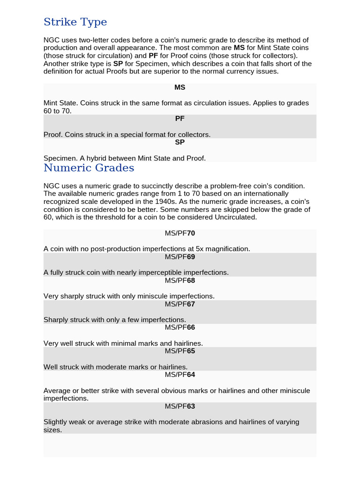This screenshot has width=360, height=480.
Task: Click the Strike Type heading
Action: click(75, 22)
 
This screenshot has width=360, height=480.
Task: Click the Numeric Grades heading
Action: click(89, 168)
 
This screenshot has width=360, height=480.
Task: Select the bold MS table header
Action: click(180, 88)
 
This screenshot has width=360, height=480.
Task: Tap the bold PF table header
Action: click(180, 119)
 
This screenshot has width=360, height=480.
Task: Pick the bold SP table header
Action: click(180, 142)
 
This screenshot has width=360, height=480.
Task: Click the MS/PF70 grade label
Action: click(180, 233)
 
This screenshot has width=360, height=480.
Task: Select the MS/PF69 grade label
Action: click(180, 257)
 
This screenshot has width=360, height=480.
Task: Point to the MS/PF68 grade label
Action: click(180, 280)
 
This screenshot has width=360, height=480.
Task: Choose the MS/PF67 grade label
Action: click(180, 304)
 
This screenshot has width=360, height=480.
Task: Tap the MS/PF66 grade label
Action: click(180, 327)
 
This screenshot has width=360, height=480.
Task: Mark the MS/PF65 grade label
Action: click(180, 351)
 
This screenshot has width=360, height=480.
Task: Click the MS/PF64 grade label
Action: click(180, 375)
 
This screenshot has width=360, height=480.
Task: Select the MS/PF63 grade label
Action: click(180, 406)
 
